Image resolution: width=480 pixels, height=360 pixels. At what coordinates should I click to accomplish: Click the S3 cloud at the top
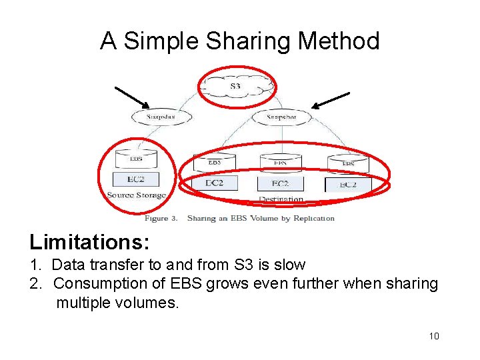[237, 87]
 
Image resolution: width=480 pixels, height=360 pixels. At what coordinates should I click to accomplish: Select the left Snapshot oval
[161, 117]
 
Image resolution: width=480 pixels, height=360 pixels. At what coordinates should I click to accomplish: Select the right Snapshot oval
[281, 117]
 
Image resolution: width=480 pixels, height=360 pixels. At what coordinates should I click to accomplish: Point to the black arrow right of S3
[331, 100]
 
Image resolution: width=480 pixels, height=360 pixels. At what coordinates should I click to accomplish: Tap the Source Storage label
[136, 195]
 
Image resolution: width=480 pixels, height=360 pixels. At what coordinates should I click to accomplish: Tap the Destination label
[281, 199]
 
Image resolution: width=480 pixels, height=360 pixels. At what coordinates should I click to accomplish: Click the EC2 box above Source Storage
[135, 179]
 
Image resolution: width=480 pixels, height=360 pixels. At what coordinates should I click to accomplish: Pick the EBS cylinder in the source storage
[135, 159]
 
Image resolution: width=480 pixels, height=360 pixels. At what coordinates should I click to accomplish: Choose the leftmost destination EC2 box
[214, 182]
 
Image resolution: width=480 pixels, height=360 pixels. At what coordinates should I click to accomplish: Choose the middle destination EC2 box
[280, 183]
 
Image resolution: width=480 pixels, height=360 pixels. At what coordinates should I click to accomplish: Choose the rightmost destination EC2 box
[348, 184]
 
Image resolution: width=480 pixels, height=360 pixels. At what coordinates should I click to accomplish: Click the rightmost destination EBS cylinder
[348, 163]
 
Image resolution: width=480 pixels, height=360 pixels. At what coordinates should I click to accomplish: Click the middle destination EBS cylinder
[281, 162]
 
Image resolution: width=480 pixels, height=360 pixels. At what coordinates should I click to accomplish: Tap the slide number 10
[434, 336]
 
